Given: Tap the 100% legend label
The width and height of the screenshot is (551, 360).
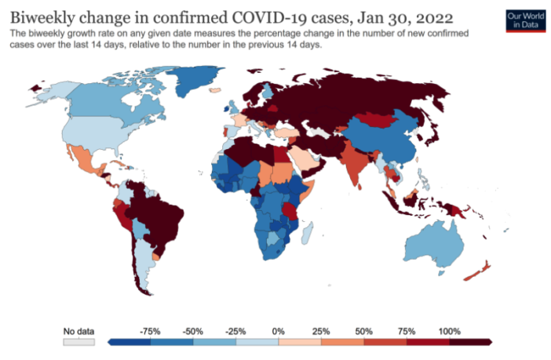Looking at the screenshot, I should point(450,331).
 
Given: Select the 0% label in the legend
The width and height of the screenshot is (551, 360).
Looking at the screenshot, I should point(278,331).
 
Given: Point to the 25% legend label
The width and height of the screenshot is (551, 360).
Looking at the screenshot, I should point(321,331).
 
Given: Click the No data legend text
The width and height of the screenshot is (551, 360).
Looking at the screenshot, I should point(78,331).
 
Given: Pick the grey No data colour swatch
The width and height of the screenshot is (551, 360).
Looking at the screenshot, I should point(78,342).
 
